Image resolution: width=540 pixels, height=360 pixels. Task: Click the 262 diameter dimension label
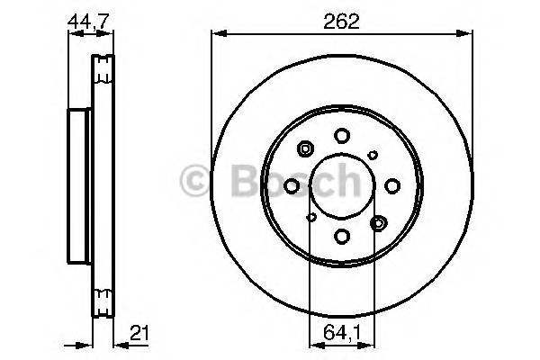point(342,22)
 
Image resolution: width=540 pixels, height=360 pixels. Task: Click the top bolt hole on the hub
point(342,136)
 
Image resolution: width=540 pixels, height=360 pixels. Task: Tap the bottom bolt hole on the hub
point(342,236)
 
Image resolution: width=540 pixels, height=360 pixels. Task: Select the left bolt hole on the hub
point(292,185)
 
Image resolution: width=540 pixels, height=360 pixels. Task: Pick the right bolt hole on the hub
point(392,185)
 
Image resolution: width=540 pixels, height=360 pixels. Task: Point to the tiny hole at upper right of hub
point(373,155)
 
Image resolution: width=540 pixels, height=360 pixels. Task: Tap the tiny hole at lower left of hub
point(311,217)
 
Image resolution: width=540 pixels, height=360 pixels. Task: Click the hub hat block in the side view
point(80,185)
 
